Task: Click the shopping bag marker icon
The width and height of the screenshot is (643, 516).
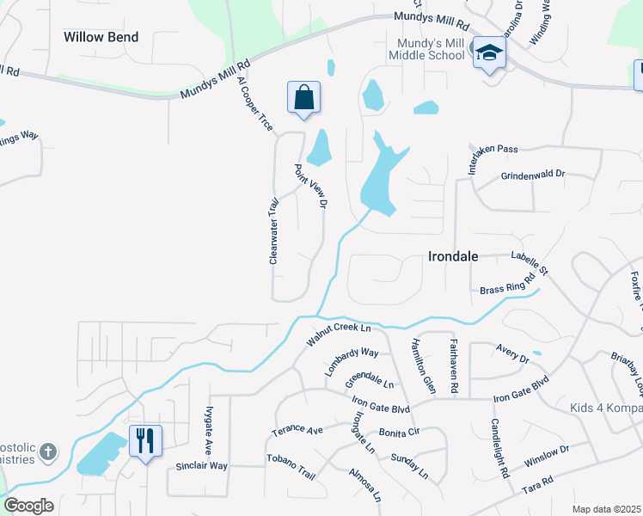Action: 304,97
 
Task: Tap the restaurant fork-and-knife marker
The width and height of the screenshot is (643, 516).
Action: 145,441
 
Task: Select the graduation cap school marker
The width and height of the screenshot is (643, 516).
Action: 489,52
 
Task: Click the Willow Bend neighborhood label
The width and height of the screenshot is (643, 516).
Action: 101,37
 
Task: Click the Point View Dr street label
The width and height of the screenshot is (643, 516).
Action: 311,187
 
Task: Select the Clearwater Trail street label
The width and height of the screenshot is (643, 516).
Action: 274,230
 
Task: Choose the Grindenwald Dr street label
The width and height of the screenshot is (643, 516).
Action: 533,175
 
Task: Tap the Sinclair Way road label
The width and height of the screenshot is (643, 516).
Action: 201,465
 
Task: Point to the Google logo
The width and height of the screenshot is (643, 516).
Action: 28,506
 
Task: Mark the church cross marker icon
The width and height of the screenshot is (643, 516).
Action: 49,451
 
